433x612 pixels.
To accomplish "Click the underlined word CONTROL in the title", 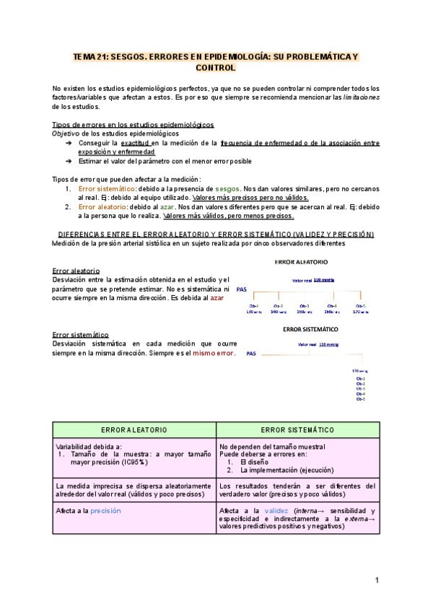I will point(216,67).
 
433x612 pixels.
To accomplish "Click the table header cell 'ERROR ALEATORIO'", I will point(134,429).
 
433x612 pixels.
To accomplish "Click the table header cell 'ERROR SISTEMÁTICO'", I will point(297,429).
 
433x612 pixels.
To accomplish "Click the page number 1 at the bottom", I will point(376,580).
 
